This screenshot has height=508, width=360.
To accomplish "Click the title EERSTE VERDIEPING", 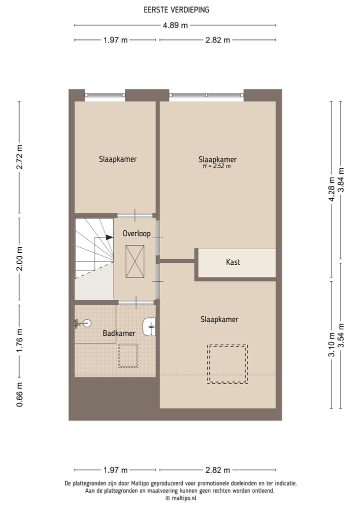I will (176, 9).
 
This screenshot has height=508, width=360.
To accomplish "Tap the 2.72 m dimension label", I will (19, 157).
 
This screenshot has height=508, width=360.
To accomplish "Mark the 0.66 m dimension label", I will (19, 394).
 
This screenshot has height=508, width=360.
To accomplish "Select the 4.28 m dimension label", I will (331, 189).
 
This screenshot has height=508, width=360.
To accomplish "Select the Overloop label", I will (136, 234).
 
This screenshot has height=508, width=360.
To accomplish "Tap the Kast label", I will (232, 262).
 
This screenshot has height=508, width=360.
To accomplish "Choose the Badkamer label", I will (119, 333).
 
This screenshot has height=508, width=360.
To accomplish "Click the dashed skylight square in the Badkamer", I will (128, 356).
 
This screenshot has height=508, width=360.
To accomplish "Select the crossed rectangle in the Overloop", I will (135, 261).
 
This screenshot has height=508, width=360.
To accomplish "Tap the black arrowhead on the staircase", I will (109, 238).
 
